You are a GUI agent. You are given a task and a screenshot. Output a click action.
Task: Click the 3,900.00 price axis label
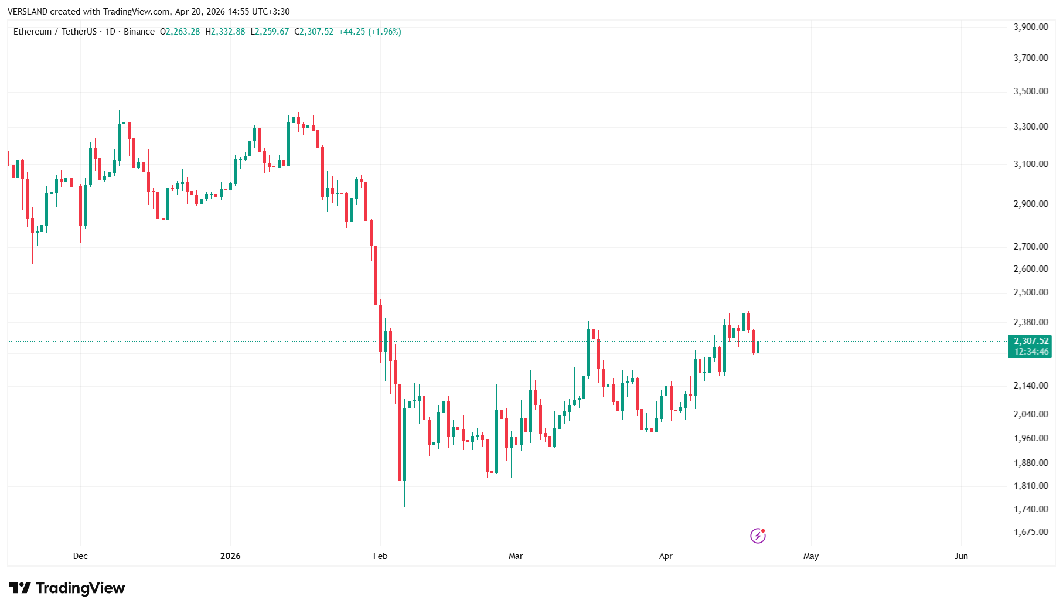(x=1031, y=27)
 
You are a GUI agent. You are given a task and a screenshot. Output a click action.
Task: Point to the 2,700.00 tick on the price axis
(x=1031, y=247)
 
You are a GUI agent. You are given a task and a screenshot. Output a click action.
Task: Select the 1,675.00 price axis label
(x=1031, y=532)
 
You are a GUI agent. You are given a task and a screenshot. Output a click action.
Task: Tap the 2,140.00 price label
(x=1031, y=386)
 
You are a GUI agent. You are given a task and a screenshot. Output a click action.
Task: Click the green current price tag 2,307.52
(x=1031, y=341)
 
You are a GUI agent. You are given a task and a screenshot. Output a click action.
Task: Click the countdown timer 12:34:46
(x=1031, y=352)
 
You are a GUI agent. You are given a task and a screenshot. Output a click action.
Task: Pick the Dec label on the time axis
(x=80, y=556)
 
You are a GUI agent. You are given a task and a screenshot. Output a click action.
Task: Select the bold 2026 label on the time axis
(x=230, y=556)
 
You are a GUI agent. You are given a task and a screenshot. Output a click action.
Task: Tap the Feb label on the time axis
(x=380, y=556)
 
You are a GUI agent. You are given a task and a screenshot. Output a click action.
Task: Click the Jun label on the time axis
(x=961, y=556)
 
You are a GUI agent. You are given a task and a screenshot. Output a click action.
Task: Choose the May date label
(x=811, y=556)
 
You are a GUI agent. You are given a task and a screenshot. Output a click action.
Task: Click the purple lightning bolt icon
(x=758, y=536)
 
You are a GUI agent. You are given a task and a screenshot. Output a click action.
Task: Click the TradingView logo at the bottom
(x=67, y=588)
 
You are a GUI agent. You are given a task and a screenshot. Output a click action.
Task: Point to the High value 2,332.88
(x=228, y=32)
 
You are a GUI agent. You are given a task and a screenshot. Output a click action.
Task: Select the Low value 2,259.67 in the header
(x=272, y=32)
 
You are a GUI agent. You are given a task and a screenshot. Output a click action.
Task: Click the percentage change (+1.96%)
(x=384, y=32)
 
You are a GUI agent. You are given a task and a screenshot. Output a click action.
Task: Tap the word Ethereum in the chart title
(x=32, y=32)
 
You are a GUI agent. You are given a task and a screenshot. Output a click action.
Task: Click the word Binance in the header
(x=139, y=32)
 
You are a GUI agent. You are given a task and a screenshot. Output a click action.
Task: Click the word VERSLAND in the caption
(x=28, y=12)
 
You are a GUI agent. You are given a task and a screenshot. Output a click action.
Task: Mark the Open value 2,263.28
(x=183, y=32)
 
